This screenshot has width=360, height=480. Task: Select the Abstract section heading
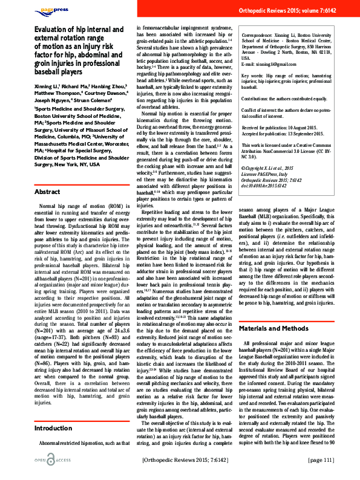click(47, 192)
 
